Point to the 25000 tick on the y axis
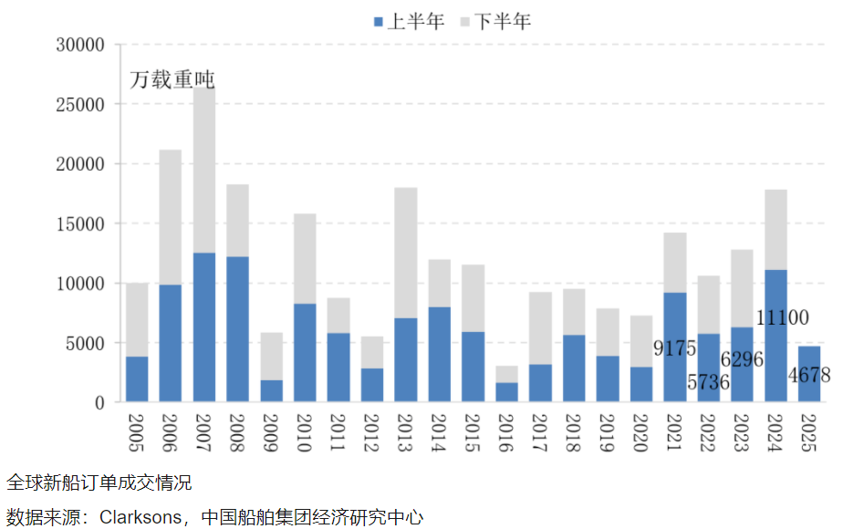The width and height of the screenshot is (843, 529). pyautogui.click(x=79, y=105)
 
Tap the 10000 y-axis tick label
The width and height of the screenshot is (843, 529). pyautogui.click(x=79, y=284)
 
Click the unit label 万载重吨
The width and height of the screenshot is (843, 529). pyautogui.click(x=171, y=79)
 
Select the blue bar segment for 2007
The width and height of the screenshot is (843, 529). pyautogui.click(x=204, y=327)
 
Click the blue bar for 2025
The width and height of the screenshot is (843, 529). pyautogui.click(x=809, y=374)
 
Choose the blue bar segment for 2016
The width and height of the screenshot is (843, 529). pyautogui.click(x=507, y=392)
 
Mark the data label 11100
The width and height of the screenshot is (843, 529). pyautogui.click(x=783, y=317)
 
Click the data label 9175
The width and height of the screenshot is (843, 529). pyautogui.click(x=675, y=348)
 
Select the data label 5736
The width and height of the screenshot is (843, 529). pyautogui.click(x=707, y=382)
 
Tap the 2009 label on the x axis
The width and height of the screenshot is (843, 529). pyautogui.click(x=272, y=431)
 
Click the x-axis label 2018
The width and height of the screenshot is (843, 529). pyautogui.click(x=575, y=431)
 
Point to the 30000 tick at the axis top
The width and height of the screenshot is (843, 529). pyautogui.click(x=79, y=45)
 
